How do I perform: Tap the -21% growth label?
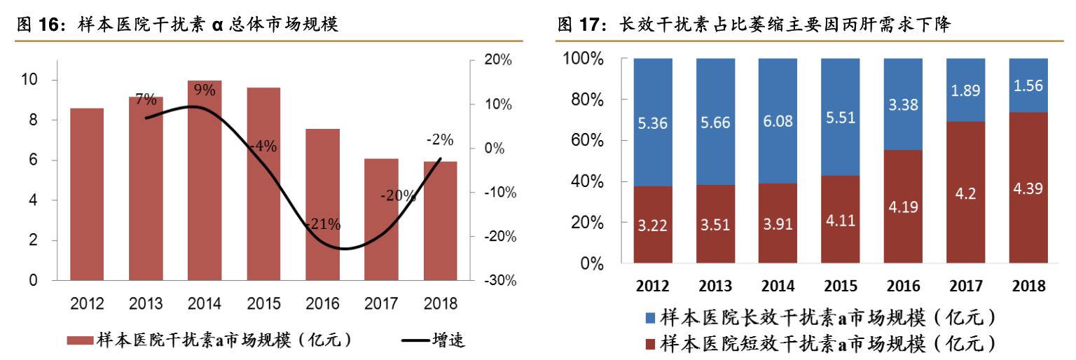[x=322, y=225]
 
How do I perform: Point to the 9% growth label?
[x=205, y=89]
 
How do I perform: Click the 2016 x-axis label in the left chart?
[x=322, y=305]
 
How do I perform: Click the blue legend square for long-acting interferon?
[x=651, y=319]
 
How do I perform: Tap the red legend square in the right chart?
[x=651, y=343]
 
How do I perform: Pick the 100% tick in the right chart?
[x=582, y=59]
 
